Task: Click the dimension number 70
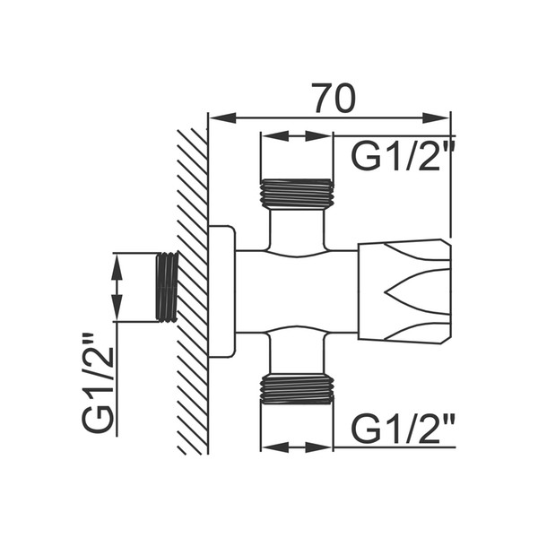(334, 98)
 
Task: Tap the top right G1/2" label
(403, 155)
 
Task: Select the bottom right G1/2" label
(403, 429)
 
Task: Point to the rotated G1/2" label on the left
(97, 382)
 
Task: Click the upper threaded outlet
(297, 194)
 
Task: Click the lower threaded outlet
(297, 388)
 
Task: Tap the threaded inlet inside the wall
(167, 287)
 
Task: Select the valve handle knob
(403, 291)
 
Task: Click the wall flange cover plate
(222, 291)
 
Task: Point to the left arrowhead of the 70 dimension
(223, 117)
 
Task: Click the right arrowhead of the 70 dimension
(436, 117)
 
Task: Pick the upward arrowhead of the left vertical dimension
(117, 267)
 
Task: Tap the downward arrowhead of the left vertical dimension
(117, 308)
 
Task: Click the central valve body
(297, 291)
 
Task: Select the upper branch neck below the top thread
(297, 230)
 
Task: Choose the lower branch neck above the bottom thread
(297, 352)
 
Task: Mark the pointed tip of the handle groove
(386, 292)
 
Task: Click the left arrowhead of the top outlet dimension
(275, 136)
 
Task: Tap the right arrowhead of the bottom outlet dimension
(318, 447)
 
